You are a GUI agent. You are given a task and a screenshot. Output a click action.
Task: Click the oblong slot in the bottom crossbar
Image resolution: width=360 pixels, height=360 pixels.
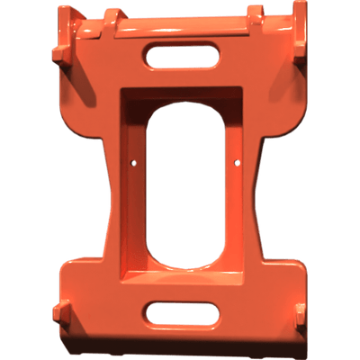(181, 313)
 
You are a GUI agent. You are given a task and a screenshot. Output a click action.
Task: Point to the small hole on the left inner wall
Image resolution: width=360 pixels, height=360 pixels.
(134, 164)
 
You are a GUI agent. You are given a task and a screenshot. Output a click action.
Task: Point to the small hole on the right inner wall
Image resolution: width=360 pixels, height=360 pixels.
(237, 163)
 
